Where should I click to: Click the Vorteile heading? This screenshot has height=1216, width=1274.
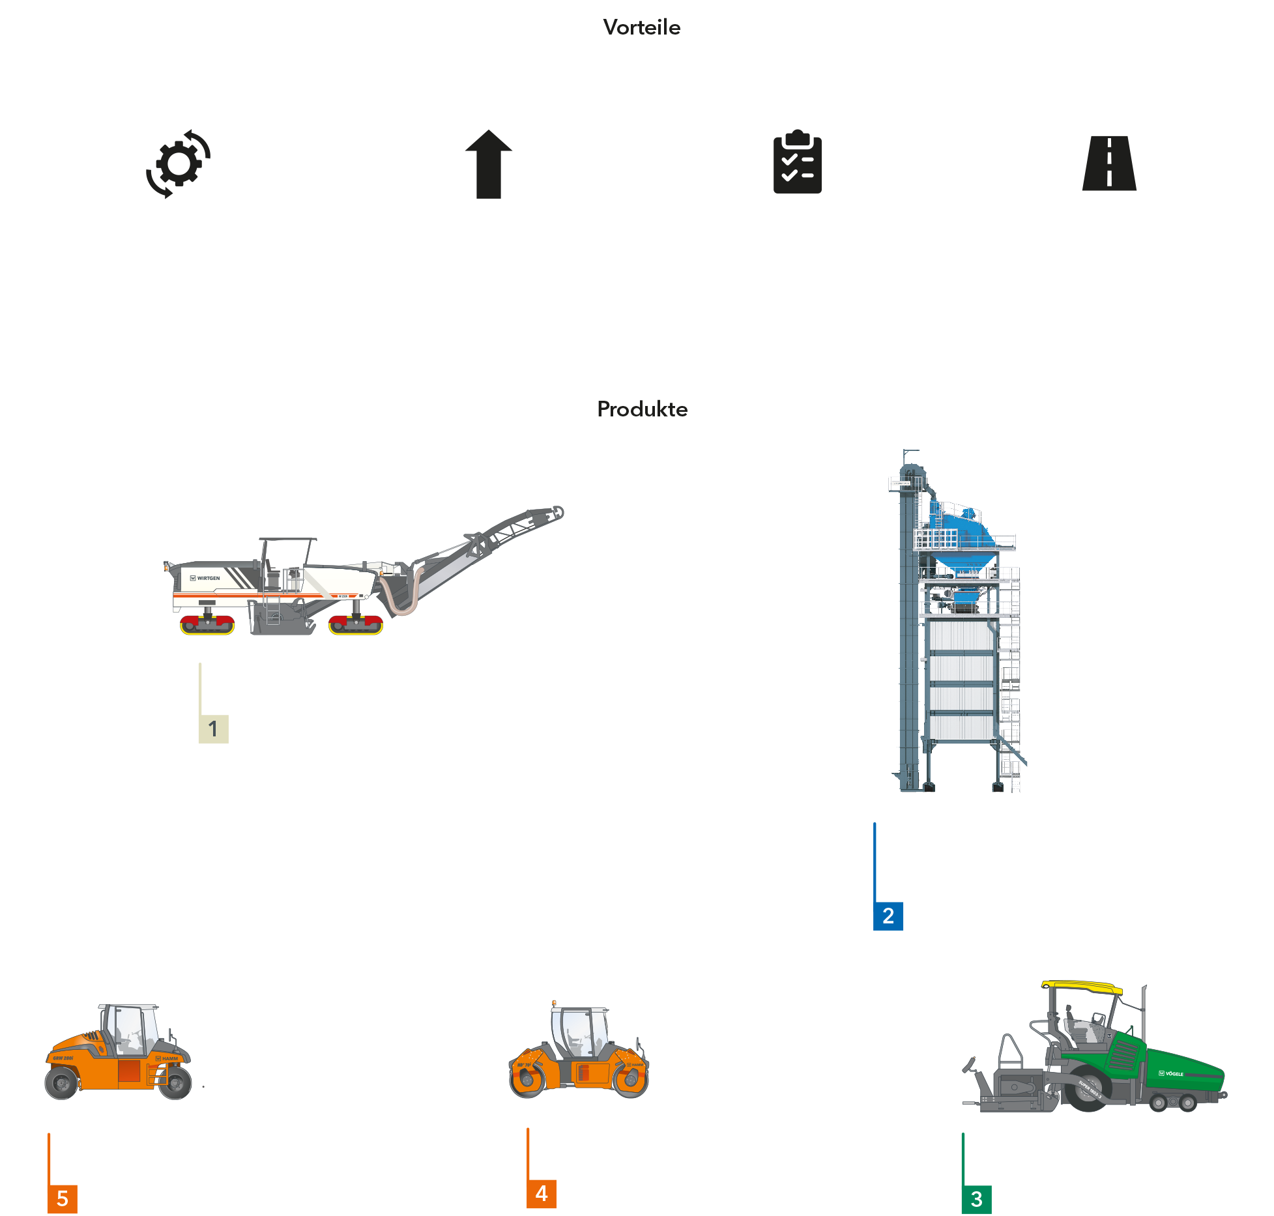coord(641,27)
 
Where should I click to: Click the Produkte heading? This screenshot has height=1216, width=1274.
coord(642,409)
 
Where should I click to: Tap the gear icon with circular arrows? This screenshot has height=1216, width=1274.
coord(179,164)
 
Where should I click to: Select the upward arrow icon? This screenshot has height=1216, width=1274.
coord(489,164)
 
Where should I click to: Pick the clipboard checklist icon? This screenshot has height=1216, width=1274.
coord(799,164)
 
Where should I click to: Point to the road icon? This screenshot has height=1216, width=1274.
coord(1109,164)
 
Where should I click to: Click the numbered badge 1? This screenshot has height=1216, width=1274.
coord(213,729)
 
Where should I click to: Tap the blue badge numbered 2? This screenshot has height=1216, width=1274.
coord(888,916)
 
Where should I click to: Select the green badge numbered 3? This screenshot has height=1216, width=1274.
coord(976,1199)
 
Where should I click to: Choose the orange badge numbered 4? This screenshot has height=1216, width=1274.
coord(542,1193)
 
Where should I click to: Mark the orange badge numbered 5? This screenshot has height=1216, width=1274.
coord(63,1199)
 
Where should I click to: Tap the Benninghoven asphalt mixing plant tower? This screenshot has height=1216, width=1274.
coord(958,626)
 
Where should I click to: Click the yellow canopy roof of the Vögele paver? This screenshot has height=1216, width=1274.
coord(1082,987)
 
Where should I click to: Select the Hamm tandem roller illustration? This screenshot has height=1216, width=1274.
coord(579,1056)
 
